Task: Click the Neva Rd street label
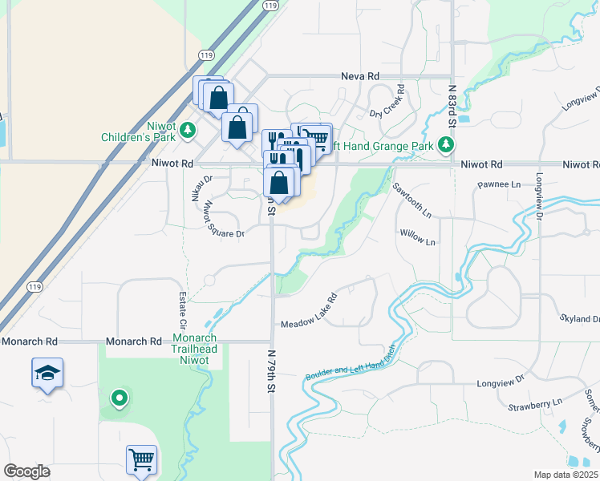tap(360, 75)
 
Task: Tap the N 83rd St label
tap(452, 106)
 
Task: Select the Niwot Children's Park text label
tap(137, 131)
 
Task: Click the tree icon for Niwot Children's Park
tap(188, 129)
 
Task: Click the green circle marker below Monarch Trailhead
tap(119, 398)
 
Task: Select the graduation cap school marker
tap(48, 373)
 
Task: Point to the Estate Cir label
tap(182, 312)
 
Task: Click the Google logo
tap(26, 471)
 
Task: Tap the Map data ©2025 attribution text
tap(566, 475)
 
